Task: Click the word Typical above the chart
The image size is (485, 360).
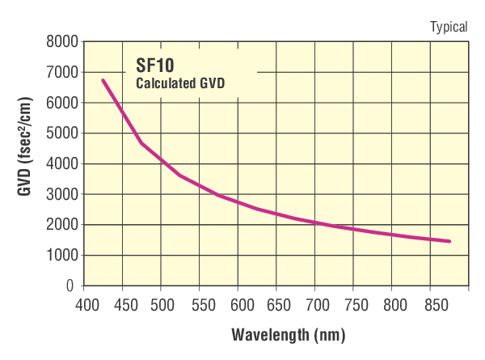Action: pyautogui.click(x=449, y=27)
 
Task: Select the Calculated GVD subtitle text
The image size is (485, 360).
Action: pyautogui.click(x=179, y=83)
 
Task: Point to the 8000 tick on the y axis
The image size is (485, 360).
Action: pyautogui.click(x=63, y=42)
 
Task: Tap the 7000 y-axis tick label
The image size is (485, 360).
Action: pyautogui.click(x=63, y=73)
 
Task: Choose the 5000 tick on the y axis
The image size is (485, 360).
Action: pyautogui.click(x=63, y=133)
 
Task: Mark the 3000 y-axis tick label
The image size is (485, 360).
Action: pyautogui.click(x=63, y=194)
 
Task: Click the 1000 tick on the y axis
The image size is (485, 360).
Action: pyautogui.click(x=63, y=256)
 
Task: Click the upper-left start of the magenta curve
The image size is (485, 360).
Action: pyautogui.click(x=103, y=80)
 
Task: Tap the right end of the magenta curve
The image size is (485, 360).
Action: pyautogui.click(x=449, y=241)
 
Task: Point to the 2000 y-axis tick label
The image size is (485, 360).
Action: pyautogui.click(x=63, y=225)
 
